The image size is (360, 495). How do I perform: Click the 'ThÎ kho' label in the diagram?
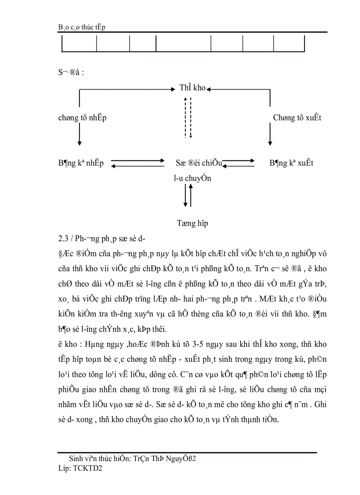pos(192,88)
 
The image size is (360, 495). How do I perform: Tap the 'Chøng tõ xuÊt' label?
pos(297,118)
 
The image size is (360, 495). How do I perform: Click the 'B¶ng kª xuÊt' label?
pos(291,163)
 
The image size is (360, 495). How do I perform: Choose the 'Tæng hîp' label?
pos(192,223)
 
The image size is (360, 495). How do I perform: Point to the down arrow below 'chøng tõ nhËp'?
pos(79,135)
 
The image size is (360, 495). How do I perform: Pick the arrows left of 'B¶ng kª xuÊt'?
pos(238,164)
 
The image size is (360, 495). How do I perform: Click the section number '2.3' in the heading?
pos(57,239)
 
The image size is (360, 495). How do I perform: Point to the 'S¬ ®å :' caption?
pos(71,72)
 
